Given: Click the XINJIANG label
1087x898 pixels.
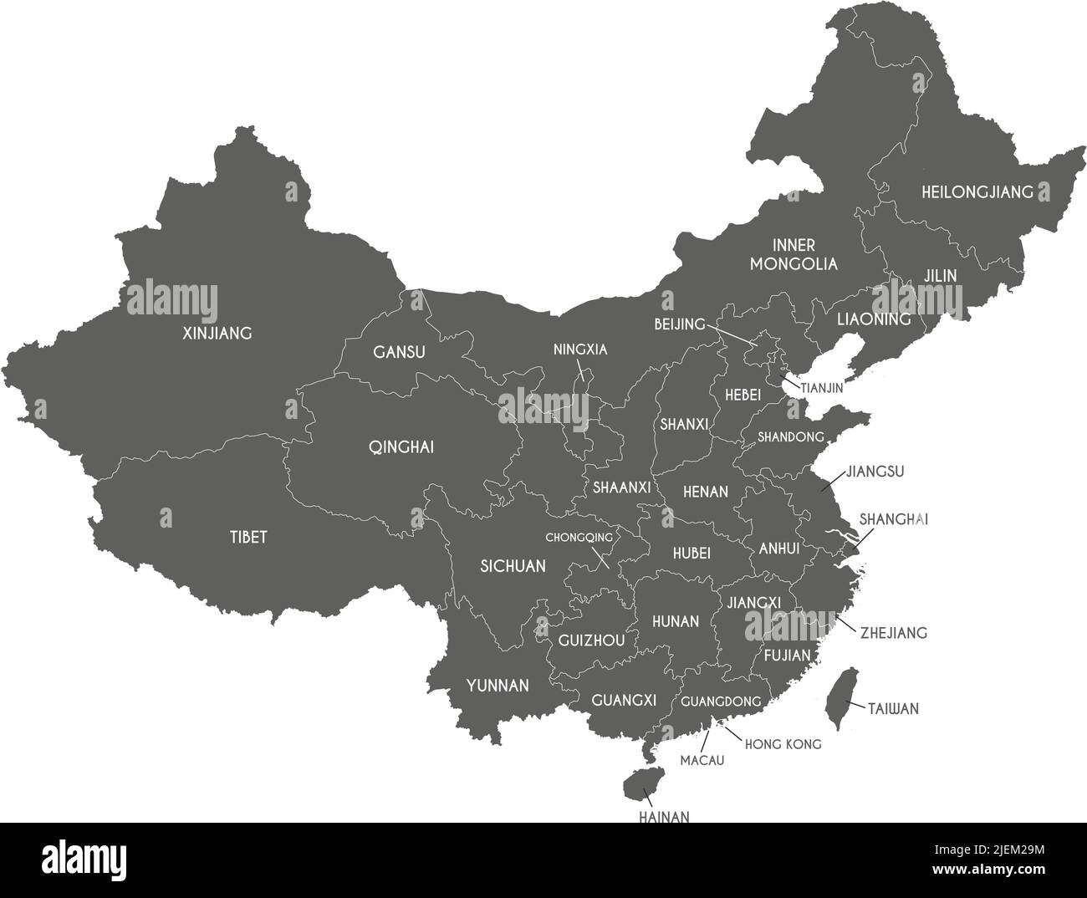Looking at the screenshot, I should pyautogui.click(x=217, y=334).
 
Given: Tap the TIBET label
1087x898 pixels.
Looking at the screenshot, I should pyautogui.click(x=248, y=537).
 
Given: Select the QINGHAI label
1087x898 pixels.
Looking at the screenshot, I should pyautogui.click(x=401, y=447).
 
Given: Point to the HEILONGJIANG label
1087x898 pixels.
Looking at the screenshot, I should pyautogui.click(x=977, y=192).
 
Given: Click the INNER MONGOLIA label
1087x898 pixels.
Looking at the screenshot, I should pyautogui.click(x=794, y=254).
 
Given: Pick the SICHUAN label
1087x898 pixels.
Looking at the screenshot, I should pyautogui.click(x=513, y=566).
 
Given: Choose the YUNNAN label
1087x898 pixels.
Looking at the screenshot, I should pyautogui.click(x=498, y=686).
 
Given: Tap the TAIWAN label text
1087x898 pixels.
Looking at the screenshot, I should pyautogui.click(x=893, y=709).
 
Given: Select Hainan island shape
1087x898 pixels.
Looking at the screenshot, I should pyautogui.click(x=639, y=784).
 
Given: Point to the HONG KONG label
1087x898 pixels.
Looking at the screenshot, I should pyautogui.click(x=783, y=743).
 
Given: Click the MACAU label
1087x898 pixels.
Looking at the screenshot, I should pyautogui.click(x=702, y=761).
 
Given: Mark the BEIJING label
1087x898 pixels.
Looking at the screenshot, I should pyautogui.click(x=680, y=324).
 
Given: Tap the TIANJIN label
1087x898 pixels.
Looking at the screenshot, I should pyautogui.click(x=822, y=388).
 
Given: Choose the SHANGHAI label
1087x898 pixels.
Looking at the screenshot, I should pyautogui.click(x=894, y=519).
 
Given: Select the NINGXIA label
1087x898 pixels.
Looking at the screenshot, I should pyautogui.click(x=580, y=350).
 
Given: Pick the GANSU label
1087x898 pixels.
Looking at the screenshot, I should pyautogui.click(x=399, y=352).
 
